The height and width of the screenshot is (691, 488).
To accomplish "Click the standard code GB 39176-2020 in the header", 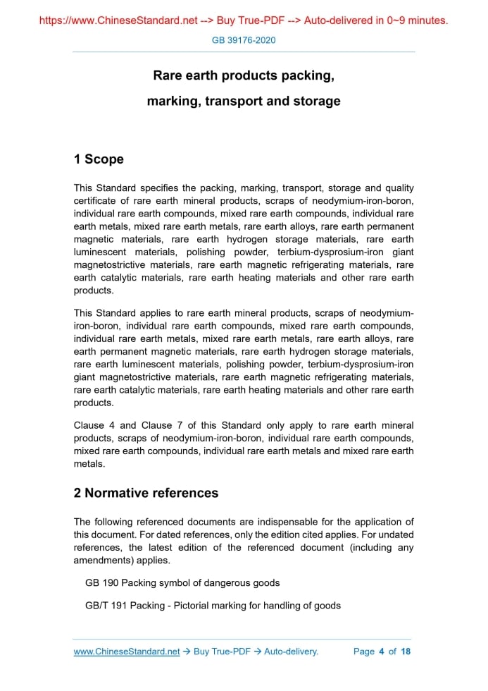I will coord(244,40).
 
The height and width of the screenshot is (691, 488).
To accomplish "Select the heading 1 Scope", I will coord(99,159).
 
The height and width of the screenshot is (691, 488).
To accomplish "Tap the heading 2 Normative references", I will coord(146,493).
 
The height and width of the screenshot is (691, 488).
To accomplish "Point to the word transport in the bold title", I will coord(235,101).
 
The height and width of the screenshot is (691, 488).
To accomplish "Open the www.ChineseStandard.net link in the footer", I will coord(127,652).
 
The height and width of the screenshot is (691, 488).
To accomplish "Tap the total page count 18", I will coord(406,652).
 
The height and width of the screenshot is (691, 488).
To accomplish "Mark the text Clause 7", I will coord(162,426).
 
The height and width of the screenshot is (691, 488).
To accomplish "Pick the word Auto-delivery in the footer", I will coord(291,652).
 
